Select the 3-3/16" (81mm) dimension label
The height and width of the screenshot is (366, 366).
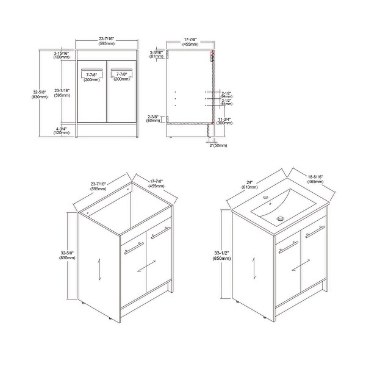tap(157, 56)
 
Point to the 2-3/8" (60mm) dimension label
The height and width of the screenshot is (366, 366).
tap(154, 118)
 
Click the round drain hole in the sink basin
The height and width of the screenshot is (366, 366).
tap(279, 217)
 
